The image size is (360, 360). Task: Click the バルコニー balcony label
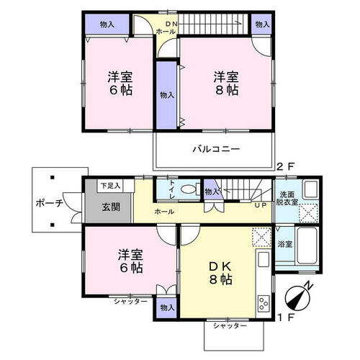(216, 149)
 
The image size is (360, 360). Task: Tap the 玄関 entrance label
(111, 207)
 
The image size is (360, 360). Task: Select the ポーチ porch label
(50, 203)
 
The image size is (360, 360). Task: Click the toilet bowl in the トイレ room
(189, 189)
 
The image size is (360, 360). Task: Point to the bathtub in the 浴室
(307, 245)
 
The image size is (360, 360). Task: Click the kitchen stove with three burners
(264, 303)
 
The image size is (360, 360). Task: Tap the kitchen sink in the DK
(264, 259)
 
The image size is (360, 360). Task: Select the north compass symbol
(299, 297)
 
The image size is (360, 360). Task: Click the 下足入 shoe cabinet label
(110, 186)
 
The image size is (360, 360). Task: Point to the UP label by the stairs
(261, 205)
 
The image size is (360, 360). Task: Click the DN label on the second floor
(171, 24)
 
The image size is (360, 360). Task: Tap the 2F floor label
(285, 166)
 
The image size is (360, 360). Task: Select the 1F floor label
(286, 318)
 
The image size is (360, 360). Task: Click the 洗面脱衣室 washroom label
(287, 198)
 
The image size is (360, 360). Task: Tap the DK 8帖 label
(220, 273)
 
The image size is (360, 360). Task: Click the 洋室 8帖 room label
(226, 84)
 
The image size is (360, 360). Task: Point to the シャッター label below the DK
(230, 326)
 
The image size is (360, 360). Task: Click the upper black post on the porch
(52, 178)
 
